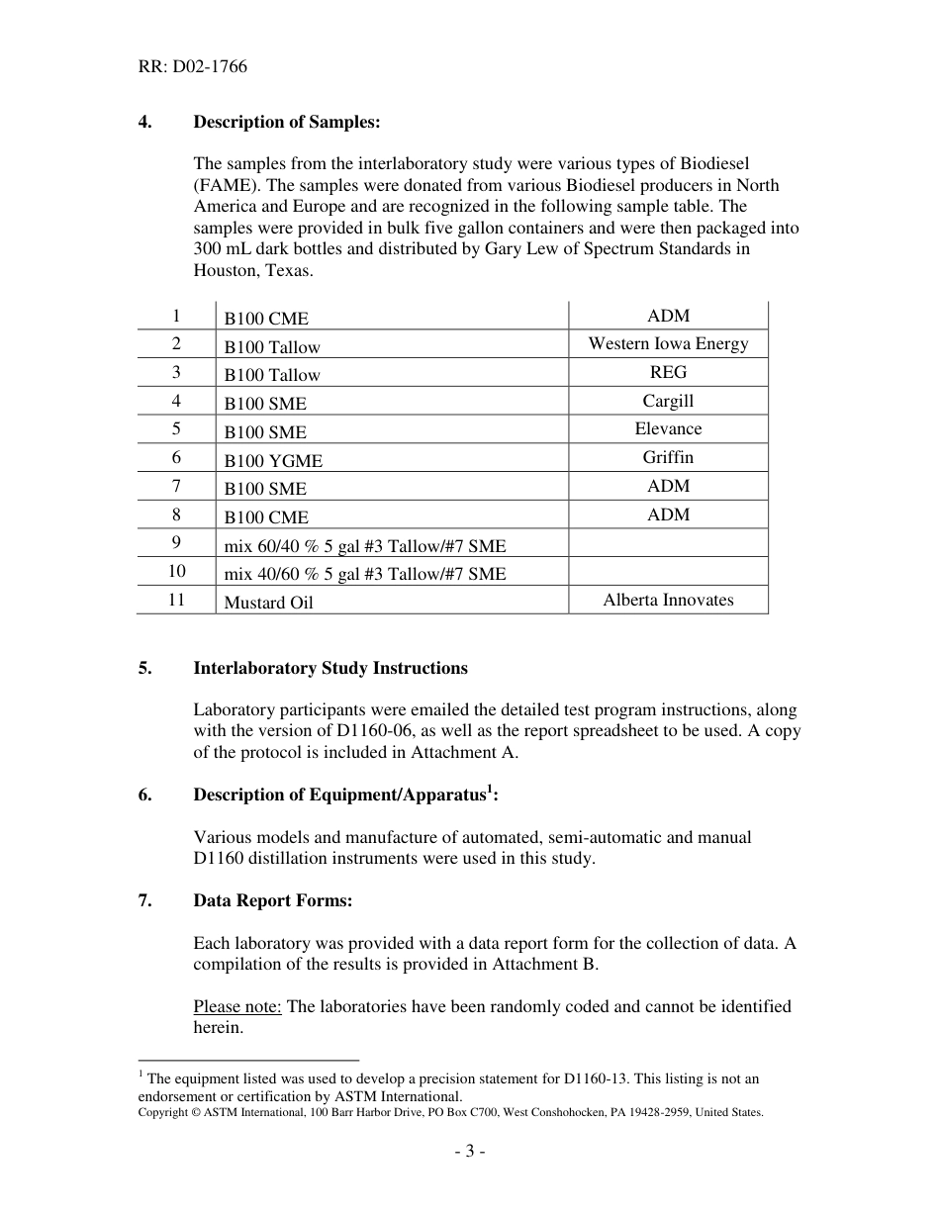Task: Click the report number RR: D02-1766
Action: point(193,67)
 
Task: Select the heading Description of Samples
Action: point(286,122)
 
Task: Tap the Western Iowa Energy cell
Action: point(668,343)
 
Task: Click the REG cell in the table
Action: point(668,372)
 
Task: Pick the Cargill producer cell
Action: point(668,401)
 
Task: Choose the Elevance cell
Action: point(668,428)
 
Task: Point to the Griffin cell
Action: point(668,457)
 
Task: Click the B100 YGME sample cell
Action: point(273,460)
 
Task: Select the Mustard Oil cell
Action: point(268,603)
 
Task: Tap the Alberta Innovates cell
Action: point(668,600)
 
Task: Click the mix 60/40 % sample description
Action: point(364,545)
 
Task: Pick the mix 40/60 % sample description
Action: point(364,574)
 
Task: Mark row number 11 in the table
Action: point(176,600)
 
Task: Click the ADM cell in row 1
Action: point(668,316)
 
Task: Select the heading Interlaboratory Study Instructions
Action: point(330,668)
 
